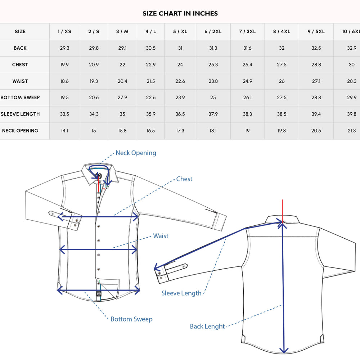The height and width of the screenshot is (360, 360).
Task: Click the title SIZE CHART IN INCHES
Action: coord(180,14)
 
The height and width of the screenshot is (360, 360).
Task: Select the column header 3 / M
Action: coord(122,31)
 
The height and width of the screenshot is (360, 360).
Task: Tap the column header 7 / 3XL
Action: coord(247,31)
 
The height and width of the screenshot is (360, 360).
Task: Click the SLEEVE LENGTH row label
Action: coord(20,114)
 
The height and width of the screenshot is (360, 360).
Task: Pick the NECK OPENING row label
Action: coord(20,131)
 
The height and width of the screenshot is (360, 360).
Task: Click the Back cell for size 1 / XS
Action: coord(64,48)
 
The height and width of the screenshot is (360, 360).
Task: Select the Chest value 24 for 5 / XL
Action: coord(180,65)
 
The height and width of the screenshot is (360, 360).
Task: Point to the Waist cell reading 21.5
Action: coord(150,81)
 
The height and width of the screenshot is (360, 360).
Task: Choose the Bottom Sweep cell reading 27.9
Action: coord(122,98)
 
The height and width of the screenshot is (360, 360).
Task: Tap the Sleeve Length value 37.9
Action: coord(213,114)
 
